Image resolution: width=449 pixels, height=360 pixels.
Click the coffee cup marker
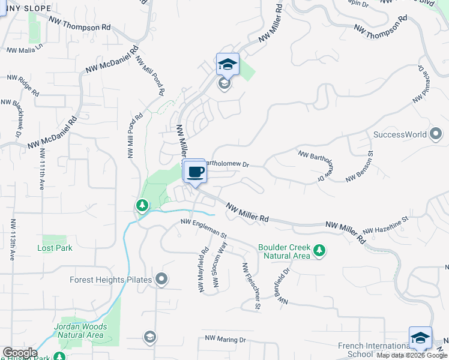[x=195, y=173]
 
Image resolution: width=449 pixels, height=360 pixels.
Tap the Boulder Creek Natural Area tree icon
[x=320, y=251]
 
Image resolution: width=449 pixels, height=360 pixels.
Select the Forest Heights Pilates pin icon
[x=161, y=279]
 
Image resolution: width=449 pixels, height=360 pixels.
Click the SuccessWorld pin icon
[x=436, y=134]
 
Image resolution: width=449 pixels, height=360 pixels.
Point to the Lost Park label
[x=55, y=248]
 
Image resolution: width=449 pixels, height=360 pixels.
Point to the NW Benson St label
[x=360, y=166]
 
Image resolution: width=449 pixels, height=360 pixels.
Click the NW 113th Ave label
[x=12, y=238]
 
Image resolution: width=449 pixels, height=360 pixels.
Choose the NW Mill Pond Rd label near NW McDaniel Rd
[x=150, y=76]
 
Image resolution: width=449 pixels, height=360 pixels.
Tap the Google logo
[x=20, y=353]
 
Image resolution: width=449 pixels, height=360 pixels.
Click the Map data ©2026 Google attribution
[x=412, y=356]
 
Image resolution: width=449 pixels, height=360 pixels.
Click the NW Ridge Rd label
[x=23, y=86]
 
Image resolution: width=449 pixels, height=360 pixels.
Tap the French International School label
[x=373, y=350]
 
